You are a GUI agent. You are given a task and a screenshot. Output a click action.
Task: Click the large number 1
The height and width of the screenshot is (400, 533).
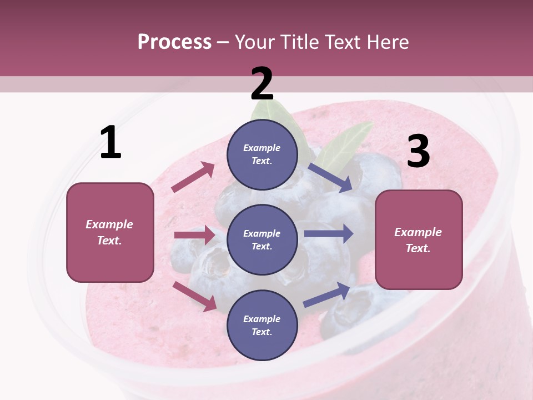coord(110,143)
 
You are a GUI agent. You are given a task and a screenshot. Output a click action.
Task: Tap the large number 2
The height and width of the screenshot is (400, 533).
coord(262,84)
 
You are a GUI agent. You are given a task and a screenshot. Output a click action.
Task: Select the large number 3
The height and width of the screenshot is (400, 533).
coord(418,152)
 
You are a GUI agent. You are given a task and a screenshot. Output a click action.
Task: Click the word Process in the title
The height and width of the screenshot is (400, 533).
coord(174,42)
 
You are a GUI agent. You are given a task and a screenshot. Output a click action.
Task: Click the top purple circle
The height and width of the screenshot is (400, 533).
coord(262,154)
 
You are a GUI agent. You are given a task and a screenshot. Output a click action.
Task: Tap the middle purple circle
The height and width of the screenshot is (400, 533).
coord(262,239)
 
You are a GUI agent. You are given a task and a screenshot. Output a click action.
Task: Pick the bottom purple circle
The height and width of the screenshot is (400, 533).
coord(262,325)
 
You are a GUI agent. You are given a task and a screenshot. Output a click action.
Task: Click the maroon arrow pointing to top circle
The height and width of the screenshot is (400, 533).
coord(193,177)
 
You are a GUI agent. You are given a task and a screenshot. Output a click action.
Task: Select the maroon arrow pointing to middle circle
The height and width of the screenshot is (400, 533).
coord(194,235)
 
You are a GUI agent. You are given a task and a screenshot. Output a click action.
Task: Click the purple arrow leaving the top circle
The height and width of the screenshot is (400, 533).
coord(331,177)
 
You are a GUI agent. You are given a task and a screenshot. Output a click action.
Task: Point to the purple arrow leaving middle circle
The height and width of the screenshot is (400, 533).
coord(329,233)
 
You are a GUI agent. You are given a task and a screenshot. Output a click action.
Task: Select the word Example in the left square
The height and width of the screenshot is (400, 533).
coord(109,224)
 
